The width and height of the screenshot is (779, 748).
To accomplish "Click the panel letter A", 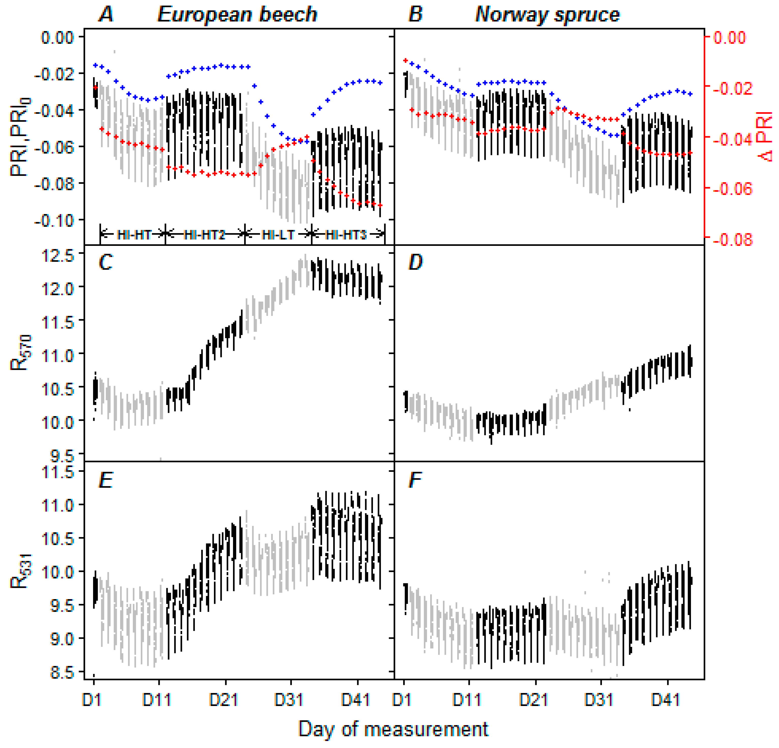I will (x=106, y=15).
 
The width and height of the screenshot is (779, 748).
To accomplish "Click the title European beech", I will (x=237, y=15).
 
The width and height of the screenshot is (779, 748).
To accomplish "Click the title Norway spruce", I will (x=547, y=15).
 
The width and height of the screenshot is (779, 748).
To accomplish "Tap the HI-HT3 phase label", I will (x=345, y=235).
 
